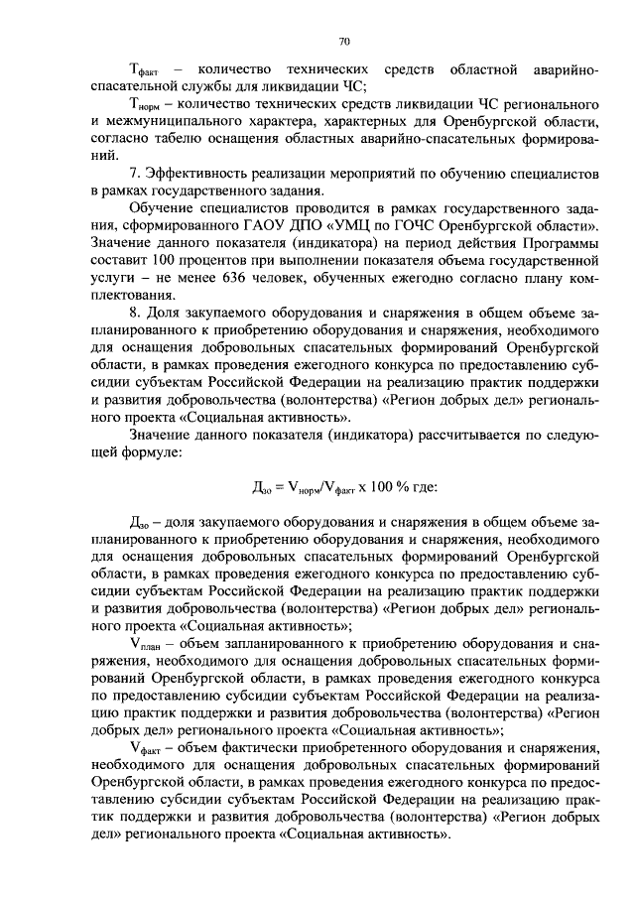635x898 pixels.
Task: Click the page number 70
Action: (343, 41)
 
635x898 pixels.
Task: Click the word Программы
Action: (560, 240)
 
